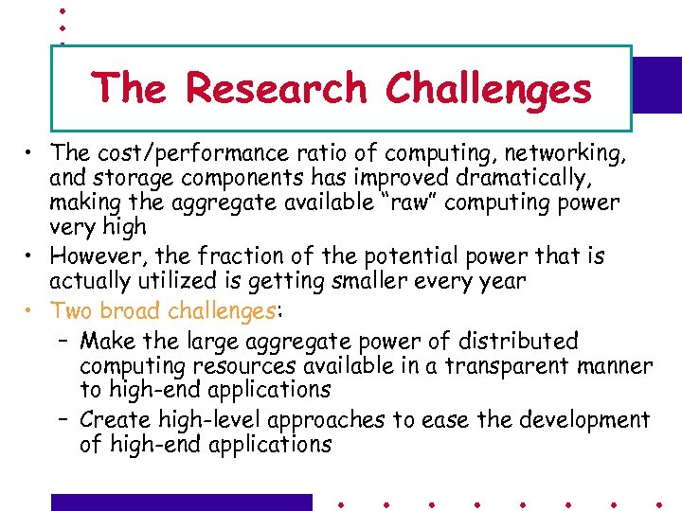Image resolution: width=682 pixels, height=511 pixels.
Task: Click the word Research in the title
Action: click(276, 89)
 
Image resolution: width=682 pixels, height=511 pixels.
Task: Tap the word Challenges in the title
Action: click(488, 89)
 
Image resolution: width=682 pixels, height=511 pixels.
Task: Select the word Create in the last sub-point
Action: click(111, 419)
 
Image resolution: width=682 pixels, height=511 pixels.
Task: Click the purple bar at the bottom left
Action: click(181, 502)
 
